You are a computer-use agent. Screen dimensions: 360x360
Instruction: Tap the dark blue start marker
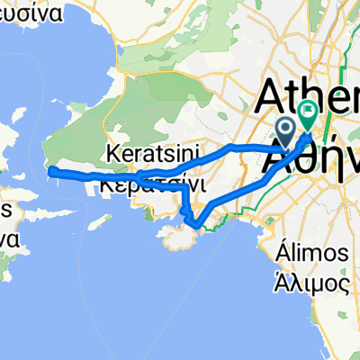click(287, 132)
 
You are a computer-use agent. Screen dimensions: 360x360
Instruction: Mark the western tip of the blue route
click(49, 169)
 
